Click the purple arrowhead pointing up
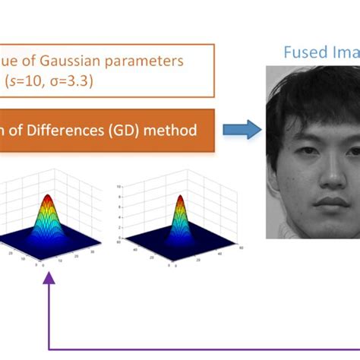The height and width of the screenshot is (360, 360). tap(50, 279)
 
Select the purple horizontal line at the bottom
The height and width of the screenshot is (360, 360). tap(205, 349)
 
